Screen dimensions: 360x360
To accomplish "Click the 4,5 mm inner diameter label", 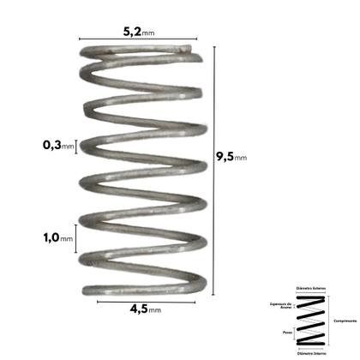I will point(142,310).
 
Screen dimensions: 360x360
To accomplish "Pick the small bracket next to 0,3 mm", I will point(78,145).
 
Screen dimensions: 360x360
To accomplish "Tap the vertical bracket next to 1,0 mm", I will point(78,237).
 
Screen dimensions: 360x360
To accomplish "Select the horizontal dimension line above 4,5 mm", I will point(142,300).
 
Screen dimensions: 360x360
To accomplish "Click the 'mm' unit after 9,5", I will point(241,158).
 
